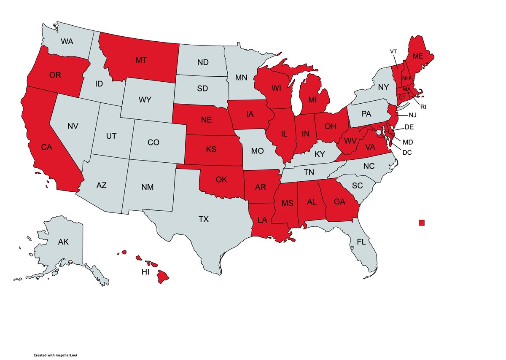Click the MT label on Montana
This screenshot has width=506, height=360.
pos(141,60)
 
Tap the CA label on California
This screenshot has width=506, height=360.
pos(46,147)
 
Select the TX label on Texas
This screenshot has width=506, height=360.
pos(204,219)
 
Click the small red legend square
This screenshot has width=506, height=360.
pos(422,223)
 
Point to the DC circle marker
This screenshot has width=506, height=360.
pos(379,132)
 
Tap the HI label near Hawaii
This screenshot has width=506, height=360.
pos(145,272)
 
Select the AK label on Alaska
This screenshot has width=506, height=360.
pos(63,242)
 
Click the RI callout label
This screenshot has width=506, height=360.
pos(423,107)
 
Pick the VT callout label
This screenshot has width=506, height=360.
pos(393,51)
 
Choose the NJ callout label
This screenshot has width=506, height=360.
pos(412,115)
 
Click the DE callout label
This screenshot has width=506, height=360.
pos(409,126)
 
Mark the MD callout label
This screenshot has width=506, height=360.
pos(407,142)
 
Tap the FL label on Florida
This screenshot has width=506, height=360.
pos(361,242)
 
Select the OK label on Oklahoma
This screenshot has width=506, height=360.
pos(221,180)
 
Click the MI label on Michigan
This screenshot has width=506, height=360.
pos(312,100)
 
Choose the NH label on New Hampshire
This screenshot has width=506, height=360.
pos(406,78)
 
